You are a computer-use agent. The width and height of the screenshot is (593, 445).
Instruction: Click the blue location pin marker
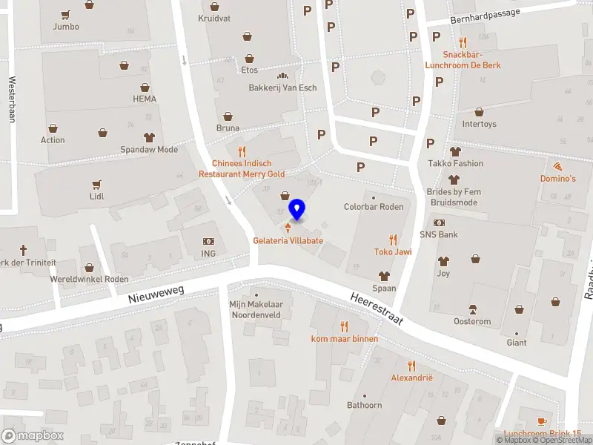click(x=297, y=209)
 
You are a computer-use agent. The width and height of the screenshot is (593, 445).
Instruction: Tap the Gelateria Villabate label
click(x=288, y=241)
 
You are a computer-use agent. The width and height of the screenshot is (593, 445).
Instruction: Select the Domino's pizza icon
click(x=557, y=165)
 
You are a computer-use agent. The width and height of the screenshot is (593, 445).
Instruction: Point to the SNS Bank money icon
click(x=439, y=222)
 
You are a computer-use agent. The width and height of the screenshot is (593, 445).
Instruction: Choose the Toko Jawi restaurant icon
click(x=393, y=239)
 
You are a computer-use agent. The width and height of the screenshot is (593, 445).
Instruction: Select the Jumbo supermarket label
click(x=66, y=27)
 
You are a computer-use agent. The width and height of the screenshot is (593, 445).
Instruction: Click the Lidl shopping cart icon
click(x=96, y=184)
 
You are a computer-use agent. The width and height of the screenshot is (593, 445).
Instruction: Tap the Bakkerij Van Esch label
click(x=282, y=88)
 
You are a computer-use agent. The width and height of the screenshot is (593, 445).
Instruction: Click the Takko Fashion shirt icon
click(x=454, y=151)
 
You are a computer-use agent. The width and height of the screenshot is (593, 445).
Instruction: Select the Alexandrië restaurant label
click(x=411, y=378)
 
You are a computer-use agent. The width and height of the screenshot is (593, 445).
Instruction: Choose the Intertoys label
click(x=479, y=124)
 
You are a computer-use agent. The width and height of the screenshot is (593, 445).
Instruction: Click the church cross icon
click(x=23, y=250)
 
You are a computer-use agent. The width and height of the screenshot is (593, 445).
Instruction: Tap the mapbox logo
click(x=33, y=436)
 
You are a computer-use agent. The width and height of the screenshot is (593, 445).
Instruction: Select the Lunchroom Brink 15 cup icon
click(x=543, y=421)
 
